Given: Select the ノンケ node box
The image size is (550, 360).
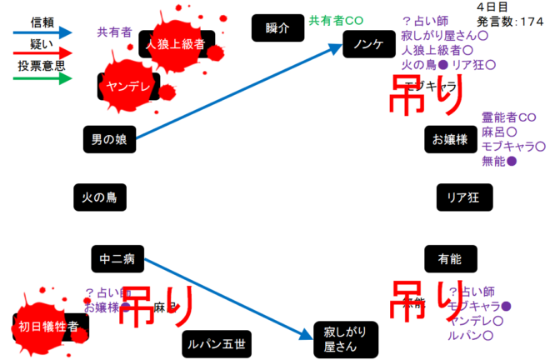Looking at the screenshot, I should coord(367,43).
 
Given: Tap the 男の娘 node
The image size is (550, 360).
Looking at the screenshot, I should coord(108,138).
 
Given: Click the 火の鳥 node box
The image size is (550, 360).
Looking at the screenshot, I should coord(98,197).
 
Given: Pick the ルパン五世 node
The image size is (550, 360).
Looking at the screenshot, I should coord(215,342).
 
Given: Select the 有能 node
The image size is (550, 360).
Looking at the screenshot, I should coord(448,259).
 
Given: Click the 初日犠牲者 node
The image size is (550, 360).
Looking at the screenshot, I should coord(49,327).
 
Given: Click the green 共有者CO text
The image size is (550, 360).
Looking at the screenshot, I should coord(336,20).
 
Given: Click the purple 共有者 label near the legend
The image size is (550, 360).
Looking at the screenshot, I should coord(114,32).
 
